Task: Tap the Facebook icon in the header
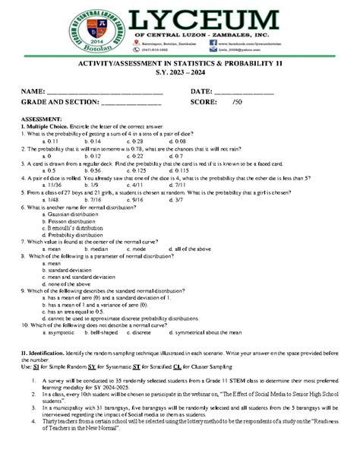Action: point(202,44)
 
